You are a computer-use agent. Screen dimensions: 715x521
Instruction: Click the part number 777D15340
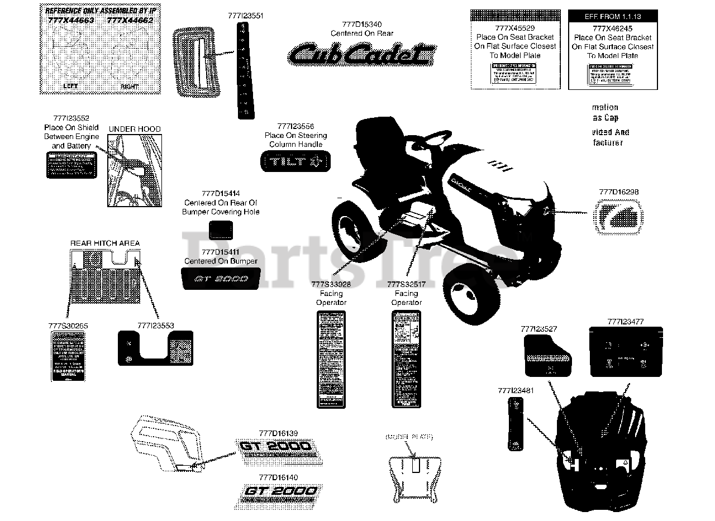[x=361, y=24]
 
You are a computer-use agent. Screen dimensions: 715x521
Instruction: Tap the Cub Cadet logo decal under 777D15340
[x=361, y=55]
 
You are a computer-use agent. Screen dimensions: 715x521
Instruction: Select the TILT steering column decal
[x=296, y=162]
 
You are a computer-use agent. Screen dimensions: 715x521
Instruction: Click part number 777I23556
[x=295, y=126]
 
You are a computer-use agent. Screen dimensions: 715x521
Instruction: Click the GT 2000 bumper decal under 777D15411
[x=221, y=278]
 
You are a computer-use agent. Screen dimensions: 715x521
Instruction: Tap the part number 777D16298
[x=618, y=192]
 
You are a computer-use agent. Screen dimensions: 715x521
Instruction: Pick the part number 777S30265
[x=68, y=326]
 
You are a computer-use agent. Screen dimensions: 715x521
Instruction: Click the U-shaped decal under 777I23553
[x=155, y=347]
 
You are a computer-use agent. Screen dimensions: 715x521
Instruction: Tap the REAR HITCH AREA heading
[x=105, y=243]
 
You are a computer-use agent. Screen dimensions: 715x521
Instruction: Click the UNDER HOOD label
[x=134, y=129]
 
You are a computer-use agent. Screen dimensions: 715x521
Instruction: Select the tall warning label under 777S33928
[x=331, y=359]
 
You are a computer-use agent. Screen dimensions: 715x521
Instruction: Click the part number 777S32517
[x=406, y=284]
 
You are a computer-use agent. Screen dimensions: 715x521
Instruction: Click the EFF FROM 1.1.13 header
[x=613, y=17]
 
